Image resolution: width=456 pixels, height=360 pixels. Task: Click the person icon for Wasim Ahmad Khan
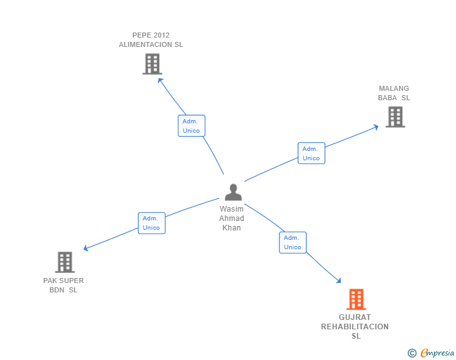coord(233,192)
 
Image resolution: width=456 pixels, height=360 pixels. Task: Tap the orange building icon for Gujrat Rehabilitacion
coord(356,299)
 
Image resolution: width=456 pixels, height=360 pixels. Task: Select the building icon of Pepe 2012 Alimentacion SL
coord(152,64)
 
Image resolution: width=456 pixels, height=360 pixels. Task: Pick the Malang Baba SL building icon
coord(395,117)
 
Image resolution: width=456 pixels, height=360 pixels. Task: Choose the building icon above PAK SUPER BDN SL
coord(65,262)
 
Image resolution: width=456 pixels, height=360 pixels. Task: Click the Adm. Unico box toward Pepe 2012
coord(191,126)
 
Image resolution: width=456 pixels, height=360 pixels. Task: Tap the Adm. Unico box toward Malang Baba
coord(311,153)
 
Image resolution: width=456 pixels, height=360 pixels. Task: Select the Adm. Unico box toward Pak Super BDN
coord(152,223)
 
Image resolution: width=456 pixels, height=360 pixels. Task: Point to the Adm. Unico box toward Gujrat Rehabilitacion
coord(293,242)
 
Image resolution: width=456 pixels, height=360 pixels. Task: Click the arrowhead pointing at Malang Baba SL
coord(376,126)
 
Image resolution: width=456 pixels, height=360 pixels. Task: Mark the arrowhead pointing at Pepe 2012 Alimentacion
coord(160,80)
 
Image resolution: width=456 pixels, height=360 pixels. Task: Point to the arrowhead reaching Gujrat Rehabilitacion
coord(338,280)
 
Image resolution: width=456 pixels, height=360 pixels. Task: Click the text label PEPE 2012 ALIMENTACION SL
coord(151,40)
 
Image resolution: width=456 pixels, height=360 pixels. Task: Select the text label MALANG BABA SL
coord(394,93)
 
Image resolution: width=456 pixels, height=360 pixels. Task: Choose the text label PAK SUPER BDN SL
coord(64,285)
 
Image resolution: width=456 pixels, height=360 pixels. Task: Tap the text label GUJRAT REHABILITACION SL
coord(355,327)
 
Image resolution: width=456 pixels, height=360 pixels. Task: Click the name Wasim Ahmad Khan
coord(232,219)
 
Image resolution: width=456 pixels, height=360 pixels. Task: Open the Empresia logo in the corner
coord(437,353)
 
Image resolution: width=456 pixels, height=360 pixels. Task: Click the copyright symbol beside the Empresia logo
coord(412,353)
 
